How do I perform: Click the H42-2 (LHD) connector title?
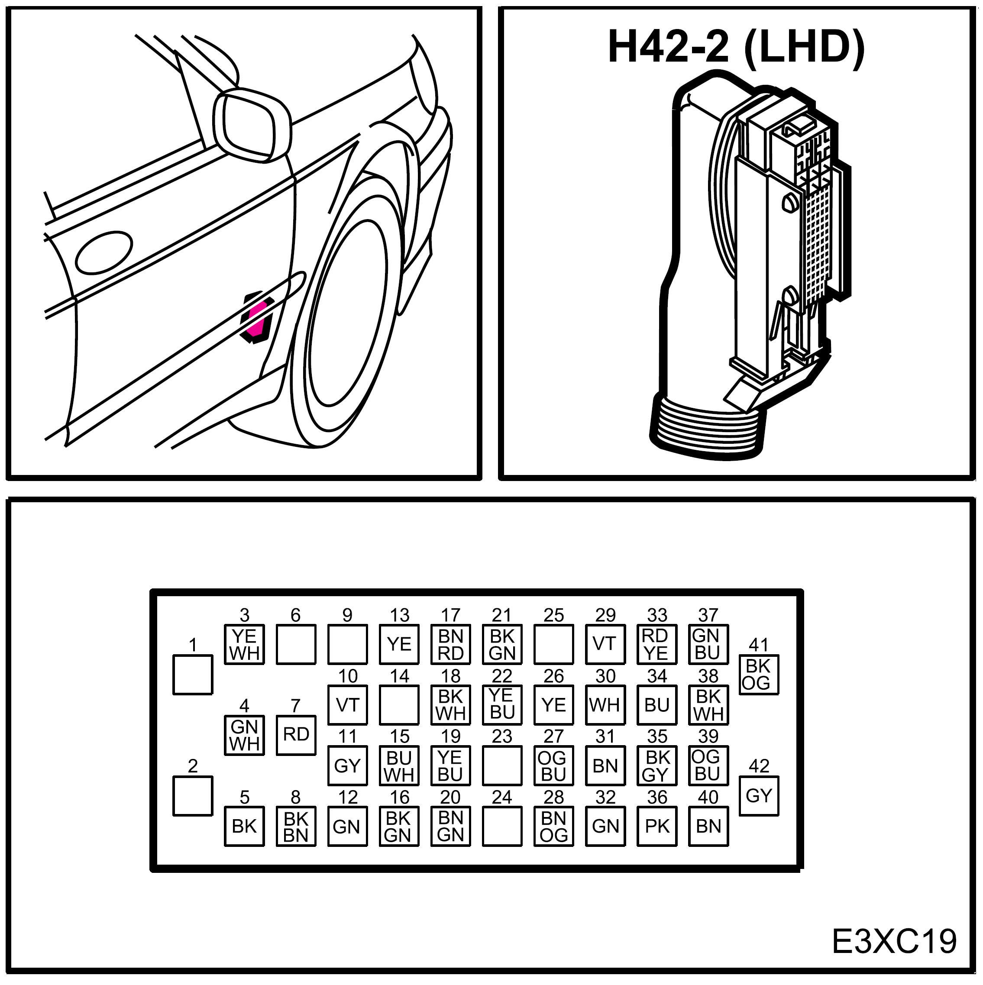[736, 47]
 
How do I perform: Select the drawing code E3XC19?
[894, 941]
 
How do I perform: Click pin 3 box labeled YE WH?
[244, 644]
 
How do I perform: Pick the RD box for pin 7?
[296, 735]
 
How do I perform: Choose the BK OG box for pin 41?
[758, 675]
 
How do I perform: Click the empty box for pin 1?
[193, 675]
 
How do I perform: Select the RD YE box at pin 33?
[656, 644]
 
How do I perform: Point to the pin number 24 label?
[502, 797]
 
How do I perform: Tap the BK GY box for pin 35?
[656, 766]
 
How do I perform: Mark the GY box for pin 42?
[758, 795]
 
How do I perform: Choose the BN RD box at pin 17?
[450, 644]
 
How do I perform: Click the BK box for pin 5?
[244, 826]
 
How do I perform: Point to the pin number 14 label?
[400, 676]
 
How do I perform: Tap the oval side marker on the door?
[104, 253]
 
